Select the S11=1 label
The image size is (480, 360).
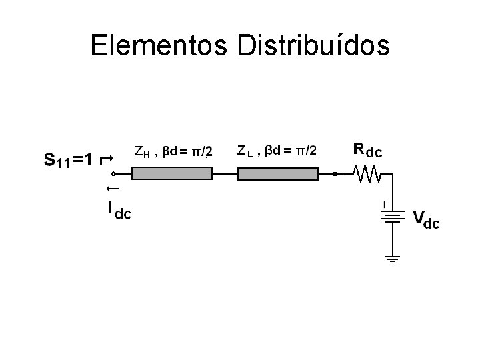pyautogui.click(x=69, y=160)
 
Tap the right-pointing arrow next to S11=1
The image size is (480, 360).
pyautogui.click(x=105, y=159)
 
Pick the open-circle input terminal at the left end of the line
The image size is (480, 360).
pyautogui.click(x=113, y=174)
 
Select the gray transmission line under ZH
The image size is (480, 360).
pyautogui.click(x=172, y=174)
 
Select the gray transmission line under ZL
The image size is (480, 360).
pyautogui.click(x=278, y=174)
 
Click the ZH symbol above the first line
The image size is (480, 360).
pyautogui.click(x=142, y=152)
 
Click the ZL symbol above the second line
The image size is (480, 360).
pyautogui.click(x=245, y=151)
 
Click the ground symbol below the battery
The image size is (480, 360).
pyautogui.click(x=393, y=257)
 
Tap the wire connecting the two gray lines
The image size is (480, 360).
pyautogui.click(x=225, y=174)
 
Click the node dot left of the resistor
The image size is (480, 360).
pyautogui.click(x=335, y=174)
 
